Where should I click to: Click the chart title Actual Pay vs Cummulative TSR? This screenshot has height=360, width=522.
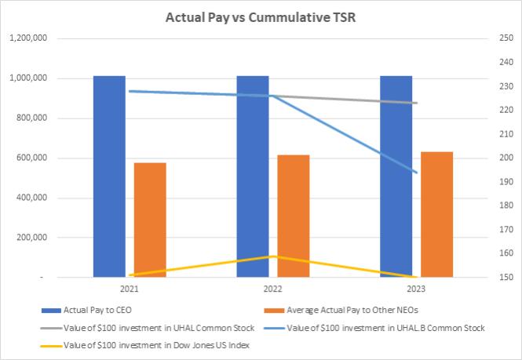coord(261,17)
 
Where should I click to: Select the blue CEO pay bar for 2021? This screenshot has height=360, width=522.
coord(110,176)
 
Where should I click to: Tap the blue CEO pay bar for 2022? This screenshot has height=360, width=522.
coord(253,176)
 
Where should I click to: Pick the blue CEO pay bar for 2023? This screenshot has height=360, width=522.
coord(396,176)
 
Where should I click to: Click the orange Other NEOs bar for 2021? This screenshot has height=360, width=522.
coord(150,220)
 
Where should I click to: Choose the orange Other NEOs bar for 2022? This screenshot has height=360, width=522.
coord(294,216)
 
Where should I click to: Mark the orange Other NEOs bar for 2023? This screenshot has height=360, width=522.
coord(436,215)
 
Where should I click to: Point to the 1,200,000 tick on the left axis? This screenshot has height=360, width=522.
coord(28,38)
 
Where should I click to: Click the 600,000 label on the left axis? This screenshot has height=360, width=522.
coord(31,158)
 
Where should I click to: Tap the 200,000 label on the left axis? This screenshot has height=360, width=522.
coord(31,238)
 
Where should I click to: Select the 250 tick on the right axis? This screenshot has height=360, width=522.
coord(506,38)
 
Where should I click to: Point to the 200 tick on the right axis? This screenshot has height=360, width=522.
coord(506,158)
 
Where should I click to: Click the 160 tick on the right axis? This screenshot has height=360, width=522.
coord(506,253)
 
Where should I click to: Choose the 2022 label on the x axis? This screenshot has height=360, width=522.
coord(272,289)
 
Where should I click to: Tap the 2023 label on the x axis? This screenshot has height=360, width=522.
coord(416,289)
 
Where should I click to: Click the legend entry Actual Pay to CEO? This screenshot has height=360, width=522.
coord(86,310)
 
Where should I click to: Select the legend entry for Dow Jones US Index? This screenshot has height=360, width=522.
coord(144,345)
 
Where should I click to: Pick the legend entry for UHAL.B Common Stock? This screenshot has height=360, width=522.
coord(374,328)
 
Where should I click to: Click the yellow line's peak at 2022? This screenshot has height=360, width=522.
coord(273,256)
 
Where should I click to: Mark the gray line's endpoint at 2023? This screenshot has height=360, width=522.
coord(417,103)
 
